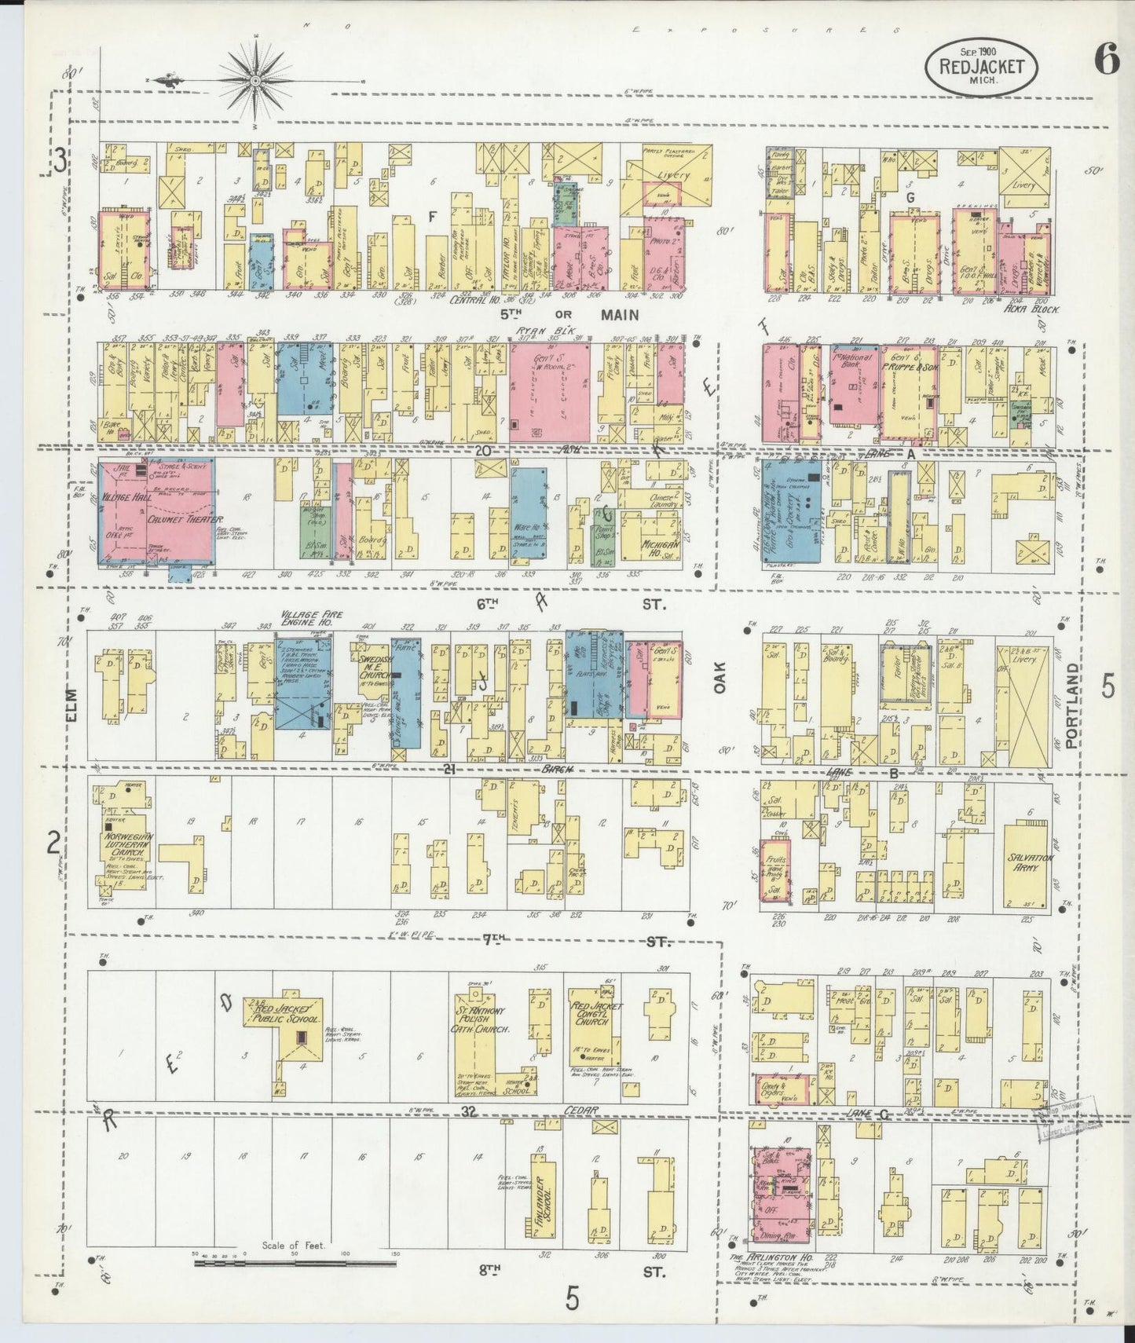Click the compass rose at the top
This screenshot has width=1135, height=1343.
click(256, 79)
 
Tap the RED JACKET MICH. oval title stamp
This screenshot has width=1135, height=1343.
click(981, 65)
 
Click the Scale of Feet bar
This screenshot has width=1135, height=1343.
click(295, 1262)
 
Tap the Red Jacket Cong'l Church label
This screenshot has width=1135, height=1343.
click(597, 1012)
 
